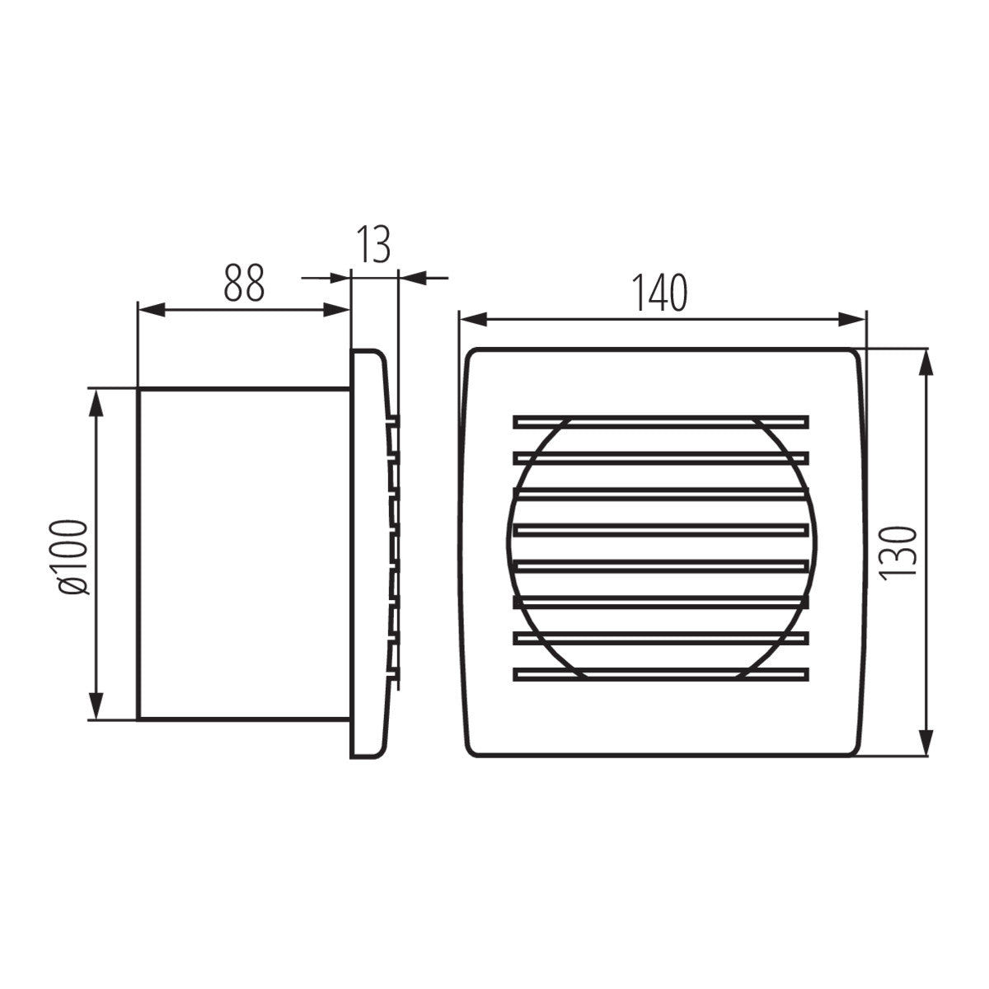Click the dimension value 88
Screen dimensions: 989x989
[x=243, y=283]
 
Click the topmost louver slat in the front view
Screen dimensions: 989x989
[x=660, y=421]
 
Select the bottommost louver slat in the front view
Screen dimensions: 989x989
[x=660, y=674]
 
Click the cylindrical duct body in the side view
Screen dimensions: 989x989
[x=243, y=554]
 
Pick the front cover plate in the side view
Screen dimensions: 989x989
[x=368, y=554]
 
